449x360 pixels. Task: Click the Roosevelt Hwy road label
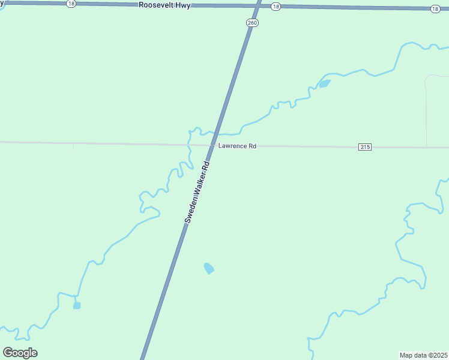[164, 5]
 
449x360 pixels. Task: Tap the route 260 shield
[252, 23]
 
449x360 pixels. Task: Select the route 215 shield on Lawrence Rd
[365, 147]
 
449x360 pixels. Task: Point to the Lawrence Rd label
[237, 146]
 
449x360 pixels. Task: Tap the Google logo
[20, 353]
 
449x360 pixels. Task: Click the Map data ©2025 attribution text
[424, 355]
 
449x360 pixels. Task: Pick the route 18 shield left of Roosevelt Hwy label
[71, 4]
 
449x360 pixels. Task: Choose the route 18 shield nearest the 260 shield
[275, 6]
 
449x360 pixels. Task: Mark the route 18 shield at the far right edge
[435, 8]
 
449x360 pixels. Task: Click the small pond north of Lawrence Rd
[324, 83]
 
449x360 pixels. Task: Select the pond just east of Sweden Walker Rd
[209, 268]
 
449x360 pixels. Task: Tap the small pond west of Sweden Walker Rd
[77, 305]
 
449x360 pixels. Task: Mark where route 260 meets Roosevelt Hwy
[258, 5]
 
